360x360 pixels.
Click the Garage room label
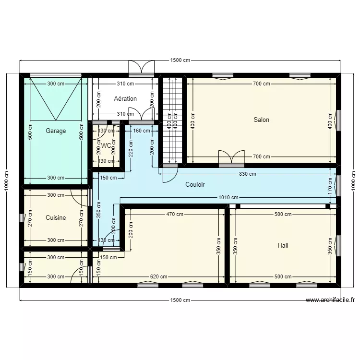pos(56,131)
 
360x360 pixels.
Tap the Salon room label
pos(262,120)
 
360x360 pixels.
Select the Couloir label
pos(195,184)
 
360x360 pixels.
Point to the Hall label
pos(283,245)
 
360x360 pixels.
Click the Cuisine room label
pos(56,217)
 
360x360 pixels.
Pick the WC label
pos(107,144)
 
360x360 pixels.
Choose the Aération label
pos(125,98)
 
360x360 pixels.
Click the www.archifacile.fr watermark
pos(331,300)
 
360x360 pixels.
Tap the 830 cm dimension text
pos(248,174)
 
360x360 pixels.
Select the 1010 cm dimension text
pos(228,197)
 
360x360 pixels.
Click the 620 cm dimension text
pos(158,276)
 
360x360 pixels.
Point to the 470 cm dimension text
pos(175,215)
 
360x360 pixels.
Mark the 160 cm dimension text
pos(141,130)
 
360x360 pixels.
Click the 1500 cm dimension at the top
pos(180,60)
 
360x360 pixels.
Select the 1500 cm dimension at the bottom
pos(180,300)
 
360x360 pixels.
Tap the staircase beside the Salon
pos(172,120)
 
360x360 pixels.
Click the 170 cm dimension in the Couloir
pos(330,184)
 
